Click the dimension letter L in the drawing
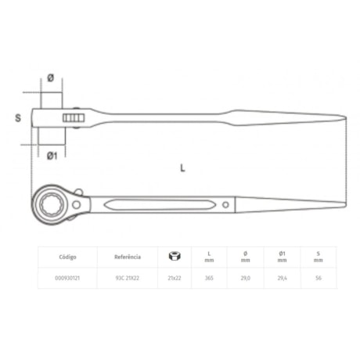pyautogui.click(x=182, y=167)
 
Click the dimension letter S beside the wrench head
pyautogui.click(x=18, y=118)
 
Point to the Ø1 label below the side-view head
pyautogui.click(x=52, y=156)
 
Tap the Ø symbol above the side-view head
pyautogui.click(x=51, y=77)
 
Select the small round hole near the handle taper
pyautogui.click(x=225, y=206)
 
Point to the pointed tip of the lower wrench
pyautogui.click(x=343, y=207)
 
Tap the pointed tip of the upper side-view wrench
pyautogui.click(x=343, y=119)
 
